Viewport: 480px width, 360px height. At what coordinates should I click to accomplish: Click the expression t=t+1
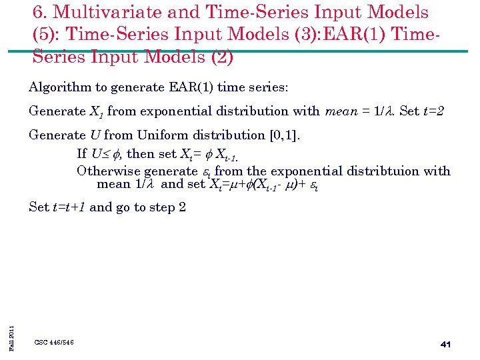pyautogui.click(x=69, y=207)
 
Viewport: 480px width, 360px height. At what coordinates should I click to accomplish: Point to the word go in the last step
pyautogui.click(x=125, y=207)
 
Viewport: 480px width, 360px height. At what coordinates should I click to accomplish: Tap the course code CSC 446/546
pyautogui.click(x=54, y=342)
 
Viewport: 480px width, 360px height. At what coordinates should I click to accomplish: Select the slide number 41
pyautogui.click(x=445, y=344)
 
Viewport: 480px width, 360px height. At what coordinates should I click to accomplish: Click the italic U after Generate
pyautogui.click(x=95, y=135)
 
